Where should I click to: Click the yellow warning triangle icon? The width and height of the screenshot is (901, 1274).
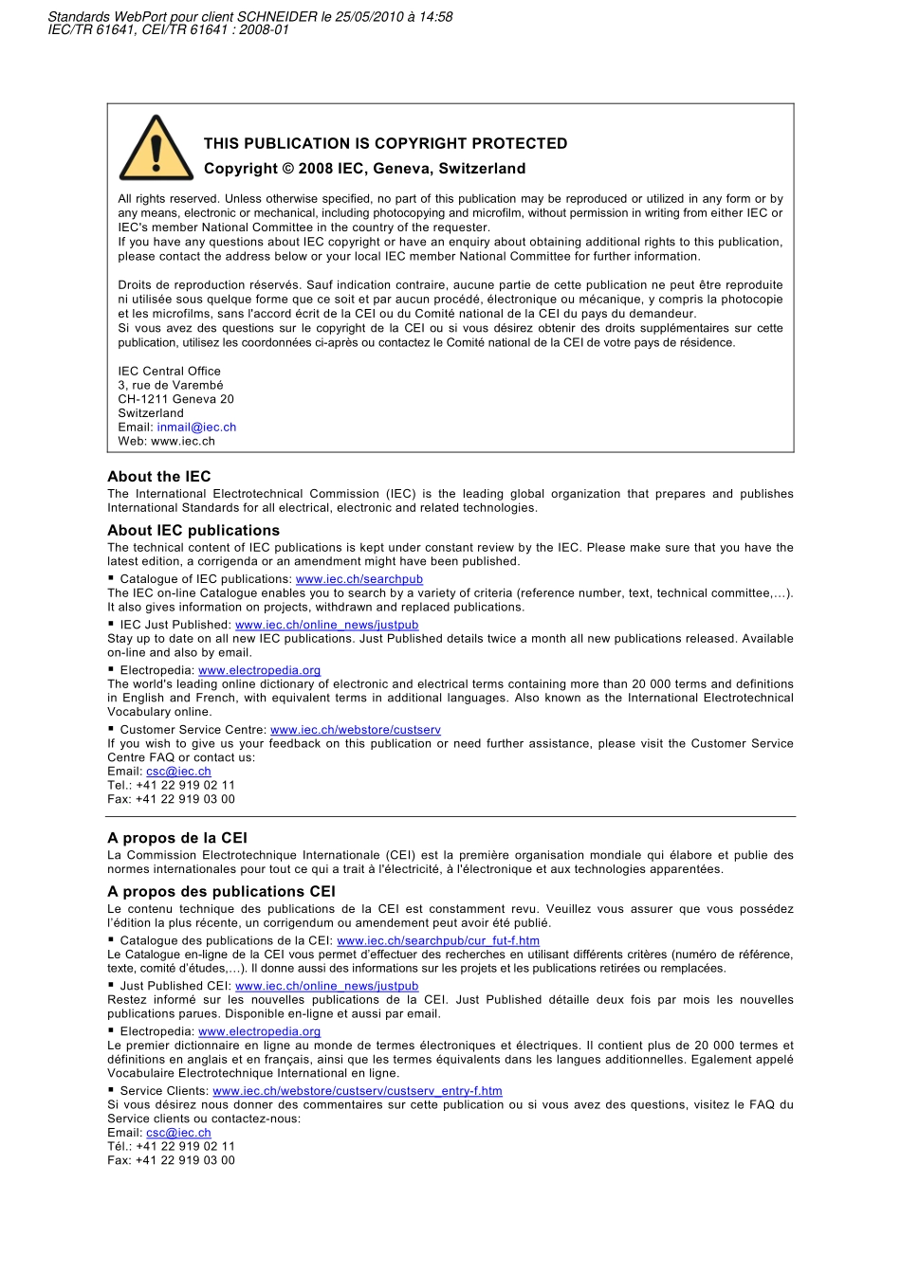click(x=156, y=151)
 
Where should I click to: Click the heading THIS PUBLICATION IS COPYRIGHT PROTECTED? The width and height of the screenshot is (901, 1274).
click(x=385, y=143)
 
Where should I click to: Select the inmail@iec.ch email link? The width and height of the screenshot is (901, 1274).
click(x=196, y=428)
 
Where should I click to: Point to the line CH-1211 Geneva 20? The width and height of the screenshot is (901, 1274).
click(x=175, y=399)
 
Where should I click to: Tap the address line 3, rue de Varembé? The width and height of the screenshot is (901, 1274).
click(x=171, y=385)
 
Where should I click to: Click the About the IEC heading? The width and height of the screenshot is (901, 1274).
click(x=159, y=477)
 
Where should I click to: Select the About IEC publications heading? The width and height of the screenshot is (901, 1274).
click(x=193, y=531)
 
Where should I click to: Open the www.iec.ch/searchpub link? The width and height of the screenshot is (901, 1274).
click(x=359, y=579)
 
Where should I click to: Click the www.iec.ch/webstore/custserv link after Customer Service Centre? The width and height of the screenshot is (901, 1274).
click(x=356, y=730)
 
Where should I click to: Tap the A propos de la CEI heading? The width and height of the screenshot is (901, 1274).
click(x=177, y=838)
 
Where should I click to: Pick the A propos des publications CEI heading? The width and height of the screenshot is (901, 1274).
click(x=221, y=892)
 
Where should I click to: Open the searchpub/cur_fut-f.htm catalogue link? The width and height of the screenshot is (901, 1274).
click(x=438, y=941)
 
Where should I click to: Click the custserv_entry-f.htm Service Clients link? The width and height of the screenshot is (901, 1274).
click(x=358, y=1091)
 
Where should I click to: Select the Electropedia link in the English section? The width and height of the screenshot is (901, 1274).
click(x=259, y=670)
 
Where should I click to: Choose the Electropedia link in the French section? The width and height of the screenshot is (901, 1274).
click(x=259, y=1031)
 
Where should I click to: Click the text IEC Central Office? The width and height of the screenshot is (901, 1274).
click(x=169, y=372)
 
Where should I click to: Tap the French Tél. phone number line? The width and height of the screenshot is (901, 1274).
click(x=171, y=1146)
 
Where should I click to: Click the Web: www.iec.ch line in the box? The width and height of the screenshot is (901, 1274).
click(x=166, y=441)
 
